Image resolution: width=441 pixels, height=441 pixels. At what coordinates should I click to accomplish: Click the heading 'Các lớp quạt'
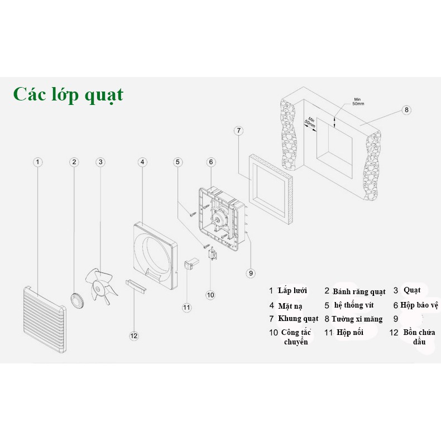68,94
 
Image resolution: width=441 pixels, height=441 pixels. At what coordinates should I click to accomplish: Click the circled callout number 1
37,162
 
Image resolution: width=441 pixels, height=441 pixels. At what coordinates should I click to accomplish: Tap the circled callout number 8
406,110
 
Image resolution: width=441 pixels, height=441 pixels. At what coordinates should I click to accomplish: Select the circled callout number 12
133,335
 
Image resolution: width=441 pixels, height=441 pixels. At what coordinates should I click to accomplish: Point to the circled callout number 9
251,273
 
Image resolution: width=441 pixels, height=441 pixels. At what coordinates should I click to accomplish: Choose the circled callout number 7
238,131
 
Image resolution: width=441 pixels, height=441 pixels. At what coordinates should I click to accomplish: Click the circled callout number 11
186,306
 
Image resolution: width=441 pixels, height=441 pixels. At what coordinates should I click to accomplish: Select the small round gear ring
77,300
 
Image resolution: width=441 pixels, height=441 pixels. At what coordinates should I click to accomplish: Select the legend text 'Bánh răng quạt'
359,291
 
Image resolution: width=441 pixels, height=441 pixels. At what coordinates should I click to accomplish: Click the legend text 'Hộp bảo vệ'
419,305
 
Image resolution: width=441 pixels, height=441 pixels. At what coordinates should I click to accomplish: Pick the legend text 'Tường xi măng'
357,319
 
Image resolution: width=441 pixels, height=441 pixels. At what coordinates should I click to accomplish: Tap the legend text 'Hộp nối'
351,332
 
